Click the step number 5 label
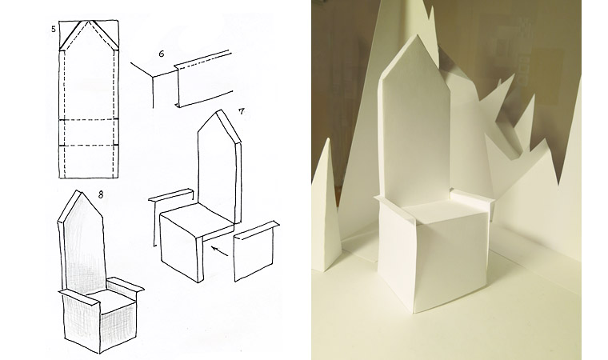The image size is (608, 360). [x=54, y=29]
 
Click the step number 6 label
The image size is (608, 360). [x=162, y=54]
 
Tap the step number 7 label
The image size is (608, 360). [x=242, y=112]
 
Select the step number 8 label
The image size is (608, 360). [x=101, y=194]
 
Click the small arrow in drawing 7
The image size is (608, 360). [x=220, y=250]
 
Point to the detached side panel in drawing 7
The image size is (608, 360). [x=254, y=250]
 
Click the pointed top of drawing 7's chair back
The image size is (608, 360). [x=220, y=110]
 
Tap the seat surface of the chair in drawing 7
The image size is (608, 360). [x=197, y=218]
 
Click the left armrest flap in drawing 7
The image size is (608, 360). [x=171, y=195]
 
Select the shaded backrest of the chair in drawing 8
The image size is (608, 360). [x=83, y=244]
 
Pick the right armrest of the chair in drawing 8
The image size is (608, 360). [x=125, y=286]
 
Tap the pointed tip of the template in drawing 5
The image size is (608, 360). [x=90, y=21]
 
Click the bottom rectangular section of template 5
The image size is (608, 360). [x=89, y=162]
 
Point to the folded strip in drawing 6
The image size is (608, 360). [x=203, y=79]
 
